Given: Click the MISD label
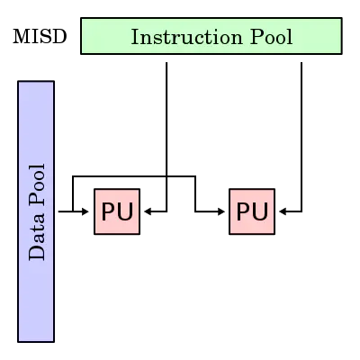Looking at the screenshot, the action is (x=40, y=37).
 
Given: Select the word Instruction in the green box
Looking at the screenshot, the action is (x=186, y=37).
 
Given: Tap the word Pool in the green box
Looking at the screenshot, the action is (x=271, y=37).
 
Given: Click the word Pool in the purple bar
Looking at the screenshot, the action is (x=37, y=185).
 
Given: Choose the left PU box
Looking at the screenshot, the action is (x=117, y=211).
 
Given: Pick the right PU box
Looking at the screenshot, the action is (x=252, y=211).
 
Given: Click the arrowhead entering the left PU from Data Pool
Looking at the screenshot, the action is (x=85, y=211).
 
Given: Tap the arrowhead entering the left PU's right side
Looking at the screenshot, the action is (x=148, y=211).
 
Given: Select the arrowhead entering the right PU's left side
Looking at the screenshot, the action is (x=221, y=211).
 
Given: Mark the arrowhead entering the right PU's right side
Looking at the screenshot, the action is (x=283, y=211).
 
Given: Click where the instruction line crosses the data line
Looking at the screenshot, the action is (x=166, y=176).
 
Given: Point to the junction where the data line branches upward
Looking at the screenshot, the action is (x=73, y=211).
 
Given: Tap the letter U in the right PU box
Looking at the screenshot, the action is (x=260, y=211).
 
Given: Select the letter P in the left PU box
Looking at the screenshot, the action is (x=109, y=211).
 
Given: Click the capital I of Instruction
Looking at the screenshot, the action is (x=135, y=37).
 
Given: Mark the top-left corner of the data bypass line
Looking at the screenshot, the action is (x=73, y=176).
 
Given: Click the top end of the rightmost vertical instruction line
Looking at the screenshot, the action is (x=301, y=63).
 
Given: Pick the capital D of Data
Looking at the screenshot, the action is (x=37, y=253).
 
